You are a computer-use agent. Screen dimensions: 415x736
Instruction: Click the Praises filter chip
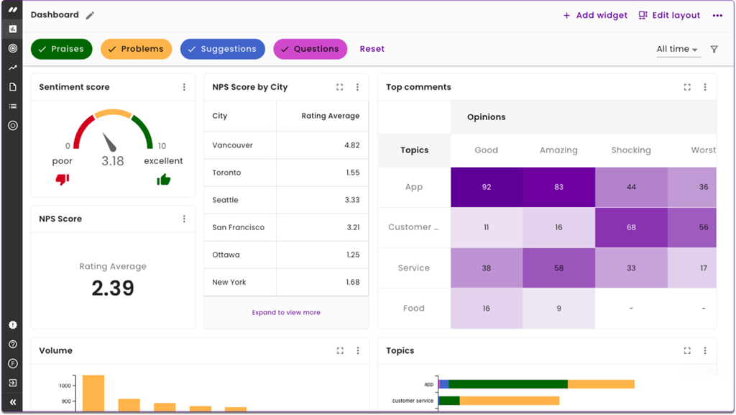coord(61,49)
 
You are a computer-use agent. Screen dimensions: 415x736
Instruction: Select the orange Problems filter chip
coord(136,49)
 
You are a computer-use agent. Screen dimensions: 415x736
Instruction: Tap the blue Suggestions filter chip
coord(222,49)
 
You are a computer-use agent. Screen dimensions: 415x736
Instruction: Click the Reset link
coord(372,49)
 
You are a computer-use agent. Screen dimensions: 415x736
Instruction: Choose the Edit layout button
coord(669,15)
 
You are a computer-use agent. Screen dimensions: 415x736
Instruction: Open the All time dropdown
coord(677,49)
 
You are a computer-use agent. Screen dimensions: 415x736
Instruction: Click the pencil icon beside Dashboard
coord(90,15)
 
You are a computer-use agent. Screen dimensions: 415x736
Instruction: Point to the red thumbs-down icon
coord(63,179)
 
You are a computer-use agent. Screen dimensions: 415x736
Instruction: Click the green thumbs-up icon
coord(164,179)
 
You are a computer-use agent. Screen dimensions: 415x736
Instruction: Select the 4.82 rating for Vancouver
coord(351,145)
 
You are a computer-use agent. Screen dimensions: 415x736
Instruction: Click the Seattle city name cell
coord(225,200)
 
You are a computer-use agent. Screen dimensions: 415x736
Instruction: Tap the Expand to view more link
coord(286,313)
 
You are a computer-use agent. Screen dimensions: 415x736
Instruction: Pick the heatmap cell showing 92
coord(487,187)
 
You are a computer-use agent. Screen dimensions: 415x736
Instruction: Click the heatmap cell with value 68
coord(631,227)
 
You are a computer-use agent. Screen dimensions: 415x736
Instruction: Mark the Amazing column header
coord(558,150)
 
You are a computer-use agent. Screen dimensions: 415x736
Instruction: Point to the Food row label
coord(414,309)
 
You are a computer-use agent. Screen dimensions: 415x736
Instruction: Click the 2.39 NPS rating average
coord(113,288)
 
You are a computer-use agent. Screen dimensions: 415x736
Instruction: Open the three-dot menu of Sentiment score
coord(184,87)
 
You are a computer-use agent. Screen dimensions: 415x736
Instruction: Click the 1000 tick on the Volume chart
coord(65,386)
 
